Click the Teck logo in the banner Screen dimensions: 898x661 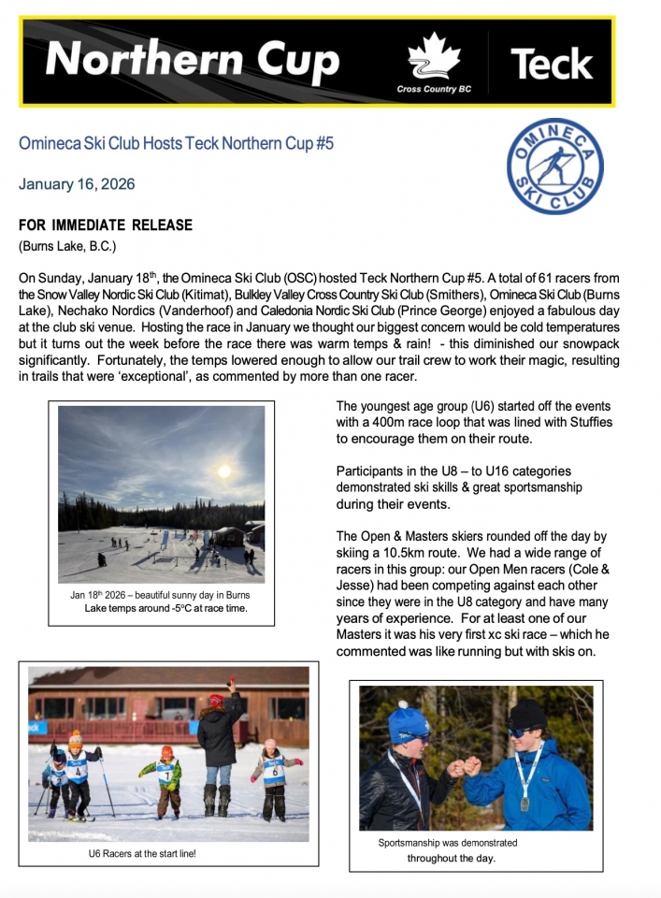tap(552, 63)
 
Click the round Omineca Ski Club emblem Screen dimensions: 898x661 tap(554, 167)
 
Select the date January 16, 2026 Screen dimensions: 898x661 tap(77, 184)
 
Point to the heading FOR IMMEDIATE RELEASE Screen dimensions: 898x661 tap(106, 225)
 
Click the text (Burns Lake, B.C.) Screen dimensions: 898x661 tap(65, 247)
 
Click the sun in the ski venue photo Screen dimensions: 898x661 tap(223, 471)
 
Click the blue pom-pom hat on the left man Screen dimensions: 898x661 tap(409, 721)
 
